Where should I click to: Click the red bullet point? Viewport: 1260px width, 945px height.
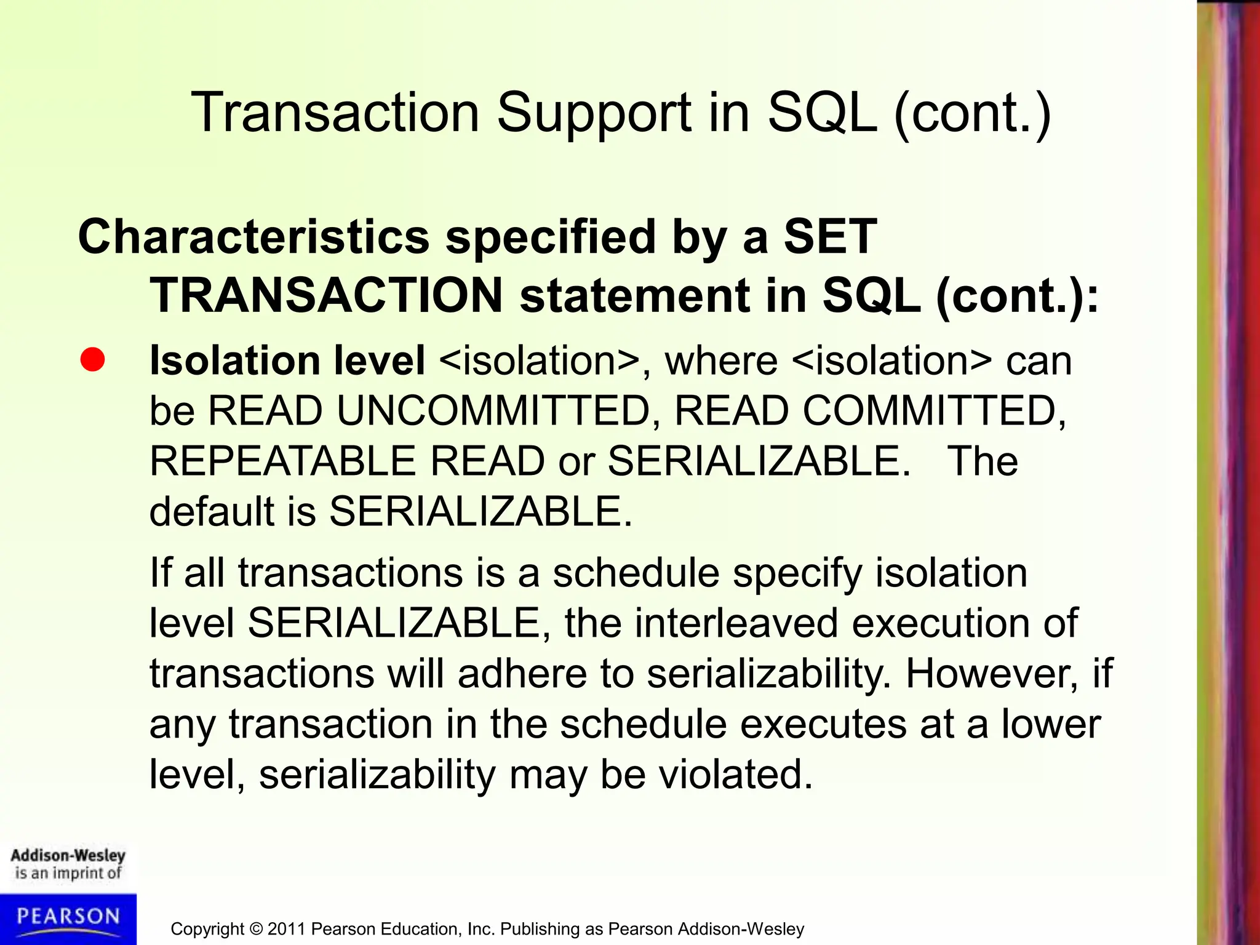tap(92, 359)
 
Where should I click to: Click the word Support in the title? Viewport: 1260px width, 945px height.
tap(593, 113)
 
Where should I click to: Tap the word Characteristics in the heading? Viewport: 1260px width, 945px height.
tap(253, 237)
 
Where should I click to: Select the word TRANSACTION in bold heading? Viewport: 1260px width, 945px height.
tap(327, 296)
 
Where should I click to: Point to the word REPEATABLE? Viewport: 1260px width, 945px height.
tap(282, 461)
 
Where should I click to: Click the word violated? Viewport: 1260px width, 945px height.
tap(736, 775)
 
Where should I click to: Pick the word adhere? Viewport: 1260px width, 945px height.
tap(522, 674)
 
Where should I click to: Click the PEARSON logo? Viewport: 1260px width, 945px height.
tap(68, 918)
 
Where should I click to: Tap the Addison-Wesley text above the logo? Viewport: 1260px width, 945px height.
tap(68, 855)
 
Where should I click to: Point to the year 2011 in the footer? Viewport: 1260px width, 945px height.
tap(286, 929)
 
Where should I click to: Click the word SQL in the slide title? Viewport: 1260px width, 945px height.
tap(822, 113)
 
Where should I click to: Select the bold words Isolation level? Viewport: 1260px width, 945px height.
tap(287, 361)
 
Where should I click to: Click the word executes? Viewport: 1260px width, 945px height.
tap(823, 724)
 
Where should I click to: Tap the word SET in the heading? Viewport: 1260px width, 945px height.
tap(829, 237)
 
